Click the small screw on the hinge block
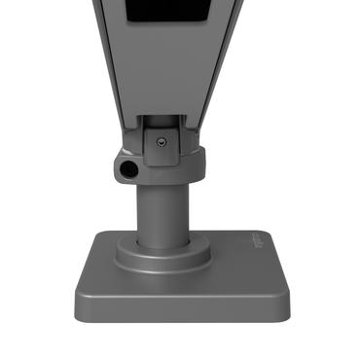[x=160, y=142]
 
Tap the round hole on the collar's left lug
[x=127, y=169]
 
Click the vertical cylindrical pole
[x=162, y=209]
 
